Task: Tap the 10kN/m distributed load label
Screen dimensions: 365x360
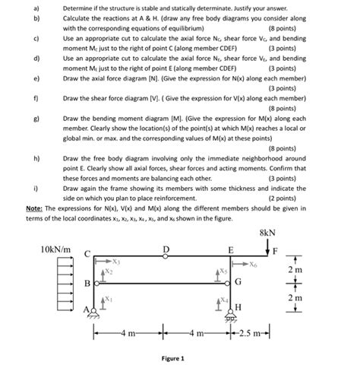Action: pos(55,249)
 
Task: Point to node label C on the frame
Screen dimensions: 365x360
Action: pos(87,253)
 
